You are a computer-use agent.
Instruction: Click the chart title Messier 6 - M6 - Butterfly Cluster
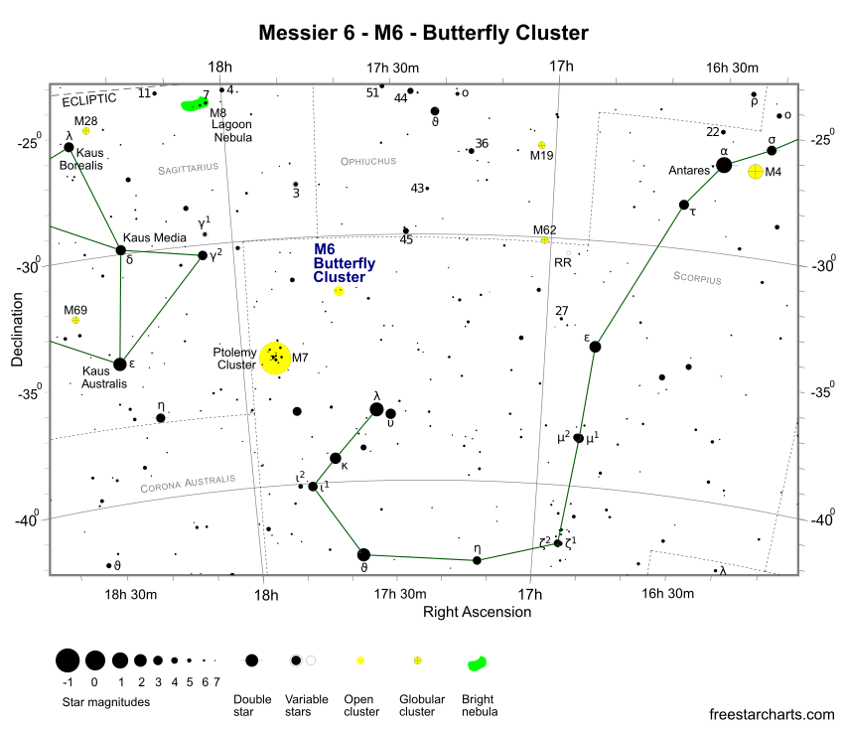[423, 33]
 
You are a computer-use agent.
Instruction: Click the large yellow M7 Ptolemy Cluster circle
[275, 358]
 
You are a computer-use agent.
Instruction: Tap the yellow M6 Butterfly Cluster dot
[339, 291]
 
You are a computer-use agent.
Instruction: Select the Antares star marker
[724, 165]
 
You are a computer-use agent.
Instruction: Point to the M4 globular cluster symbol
[756, 172]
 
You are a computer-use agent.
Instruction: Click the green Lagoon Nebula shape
[194, 103]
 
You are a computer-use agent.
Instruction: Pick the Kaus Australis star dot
[120, 364]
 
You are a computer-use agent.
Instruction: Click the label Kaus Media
[150, 237]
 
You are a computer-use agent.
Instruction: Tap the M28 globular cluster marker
[86, 131]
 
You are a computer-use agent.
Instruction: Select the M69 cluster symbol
[75, 321]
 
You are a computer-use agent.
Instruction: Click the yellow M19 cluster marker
[541, 145]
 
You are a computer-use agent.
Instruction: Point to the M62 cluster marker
[544, 240]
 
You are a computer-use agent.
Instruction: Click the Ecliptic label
[88, 99]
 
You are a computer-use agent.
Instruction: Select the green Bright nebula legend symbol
[478, 662]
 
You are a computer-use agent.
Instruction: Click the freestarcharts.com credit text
[773, 713]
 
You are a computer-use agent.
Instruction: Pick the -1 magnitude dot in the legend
[68, 660]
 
